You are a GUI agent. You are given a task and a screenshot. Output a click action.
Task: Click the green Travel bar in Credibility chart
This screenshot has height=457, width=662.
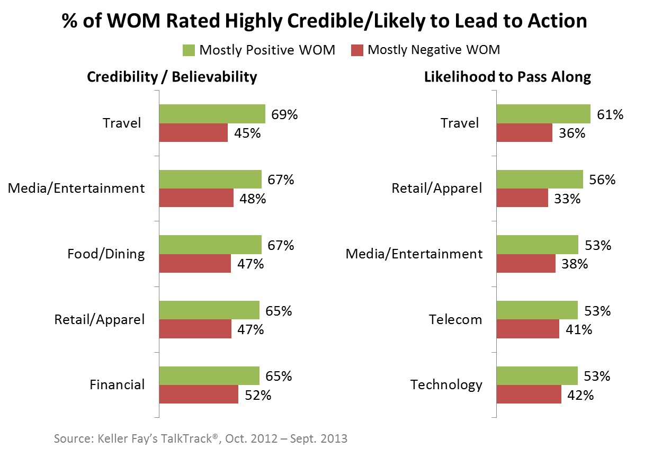pyautogui.click(x=212, y=114)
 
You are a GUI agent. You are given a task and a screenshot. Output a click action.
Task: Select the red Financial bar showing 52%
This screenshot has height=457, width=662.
pyautogui.click(x=199, y=395)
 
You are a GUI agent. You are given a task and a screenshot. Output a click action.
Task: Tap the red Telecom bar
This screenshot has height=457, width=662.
pyautogui.click(x=528, y=329)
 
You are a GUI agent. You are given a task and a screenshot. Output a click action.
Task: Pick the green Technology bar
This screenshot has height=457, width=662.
pyautogui.click(x=537, y=375)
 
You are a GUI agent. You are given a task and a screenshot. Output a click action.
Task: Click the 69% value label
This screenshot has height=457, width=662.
pyautogui.click(x=285, y=114)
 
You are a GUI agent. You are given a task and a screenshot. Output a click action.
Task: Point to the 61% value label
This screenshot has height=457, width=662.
pyautogui.click(x=611, y=114)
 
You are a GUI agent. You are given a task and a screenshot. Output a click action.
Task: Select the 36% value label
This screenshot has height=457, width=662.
pyautogui.click(x=572, y=133)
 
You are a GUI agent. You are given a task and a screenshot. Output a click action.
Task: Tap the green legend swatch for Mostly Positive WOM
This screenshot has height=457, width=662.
pyautogui.click(x=189, y=50)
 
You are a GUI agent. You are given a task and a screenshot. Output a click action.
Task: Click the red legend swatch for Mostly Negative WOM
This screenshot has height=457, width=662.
pyautogui.click(x=357, y=50)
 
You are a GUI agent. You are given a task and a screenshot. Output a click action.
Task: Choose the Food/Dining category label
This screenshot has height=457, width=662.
pyautogui.click(x=106, y=254)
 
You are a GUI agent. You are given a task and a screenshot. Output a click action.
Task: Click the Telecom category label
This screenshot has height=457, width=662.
pyautogui.click(x=455, y=319)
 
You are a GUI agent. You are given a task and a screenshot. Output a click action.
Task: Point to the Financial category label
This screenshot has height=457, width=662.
pyautogui.click(x=117, y=384)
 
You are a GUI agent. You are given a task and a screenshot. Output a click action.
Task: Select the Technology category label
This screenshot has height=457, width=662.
pyautogui.click(x=446, y=384)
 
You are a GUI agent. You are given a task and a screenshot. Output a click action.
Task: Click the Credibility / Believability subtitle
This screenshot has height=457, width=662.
pyautogui.click(x=172, y=77)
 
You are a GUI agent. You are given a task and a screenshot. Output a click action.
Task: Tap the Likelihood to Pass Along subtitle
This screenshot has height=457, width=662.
pyautogui.click(x=507, y=77)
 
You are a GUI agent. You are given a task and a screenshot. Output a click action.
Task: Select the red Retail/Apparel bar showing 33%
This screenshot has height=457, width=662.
pyautogui.click(x=522, y=198)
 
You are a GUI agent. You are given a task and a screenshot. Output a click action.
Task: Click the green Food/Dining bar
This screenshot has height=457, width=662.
pyautogui.click(x=210, y=245)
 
